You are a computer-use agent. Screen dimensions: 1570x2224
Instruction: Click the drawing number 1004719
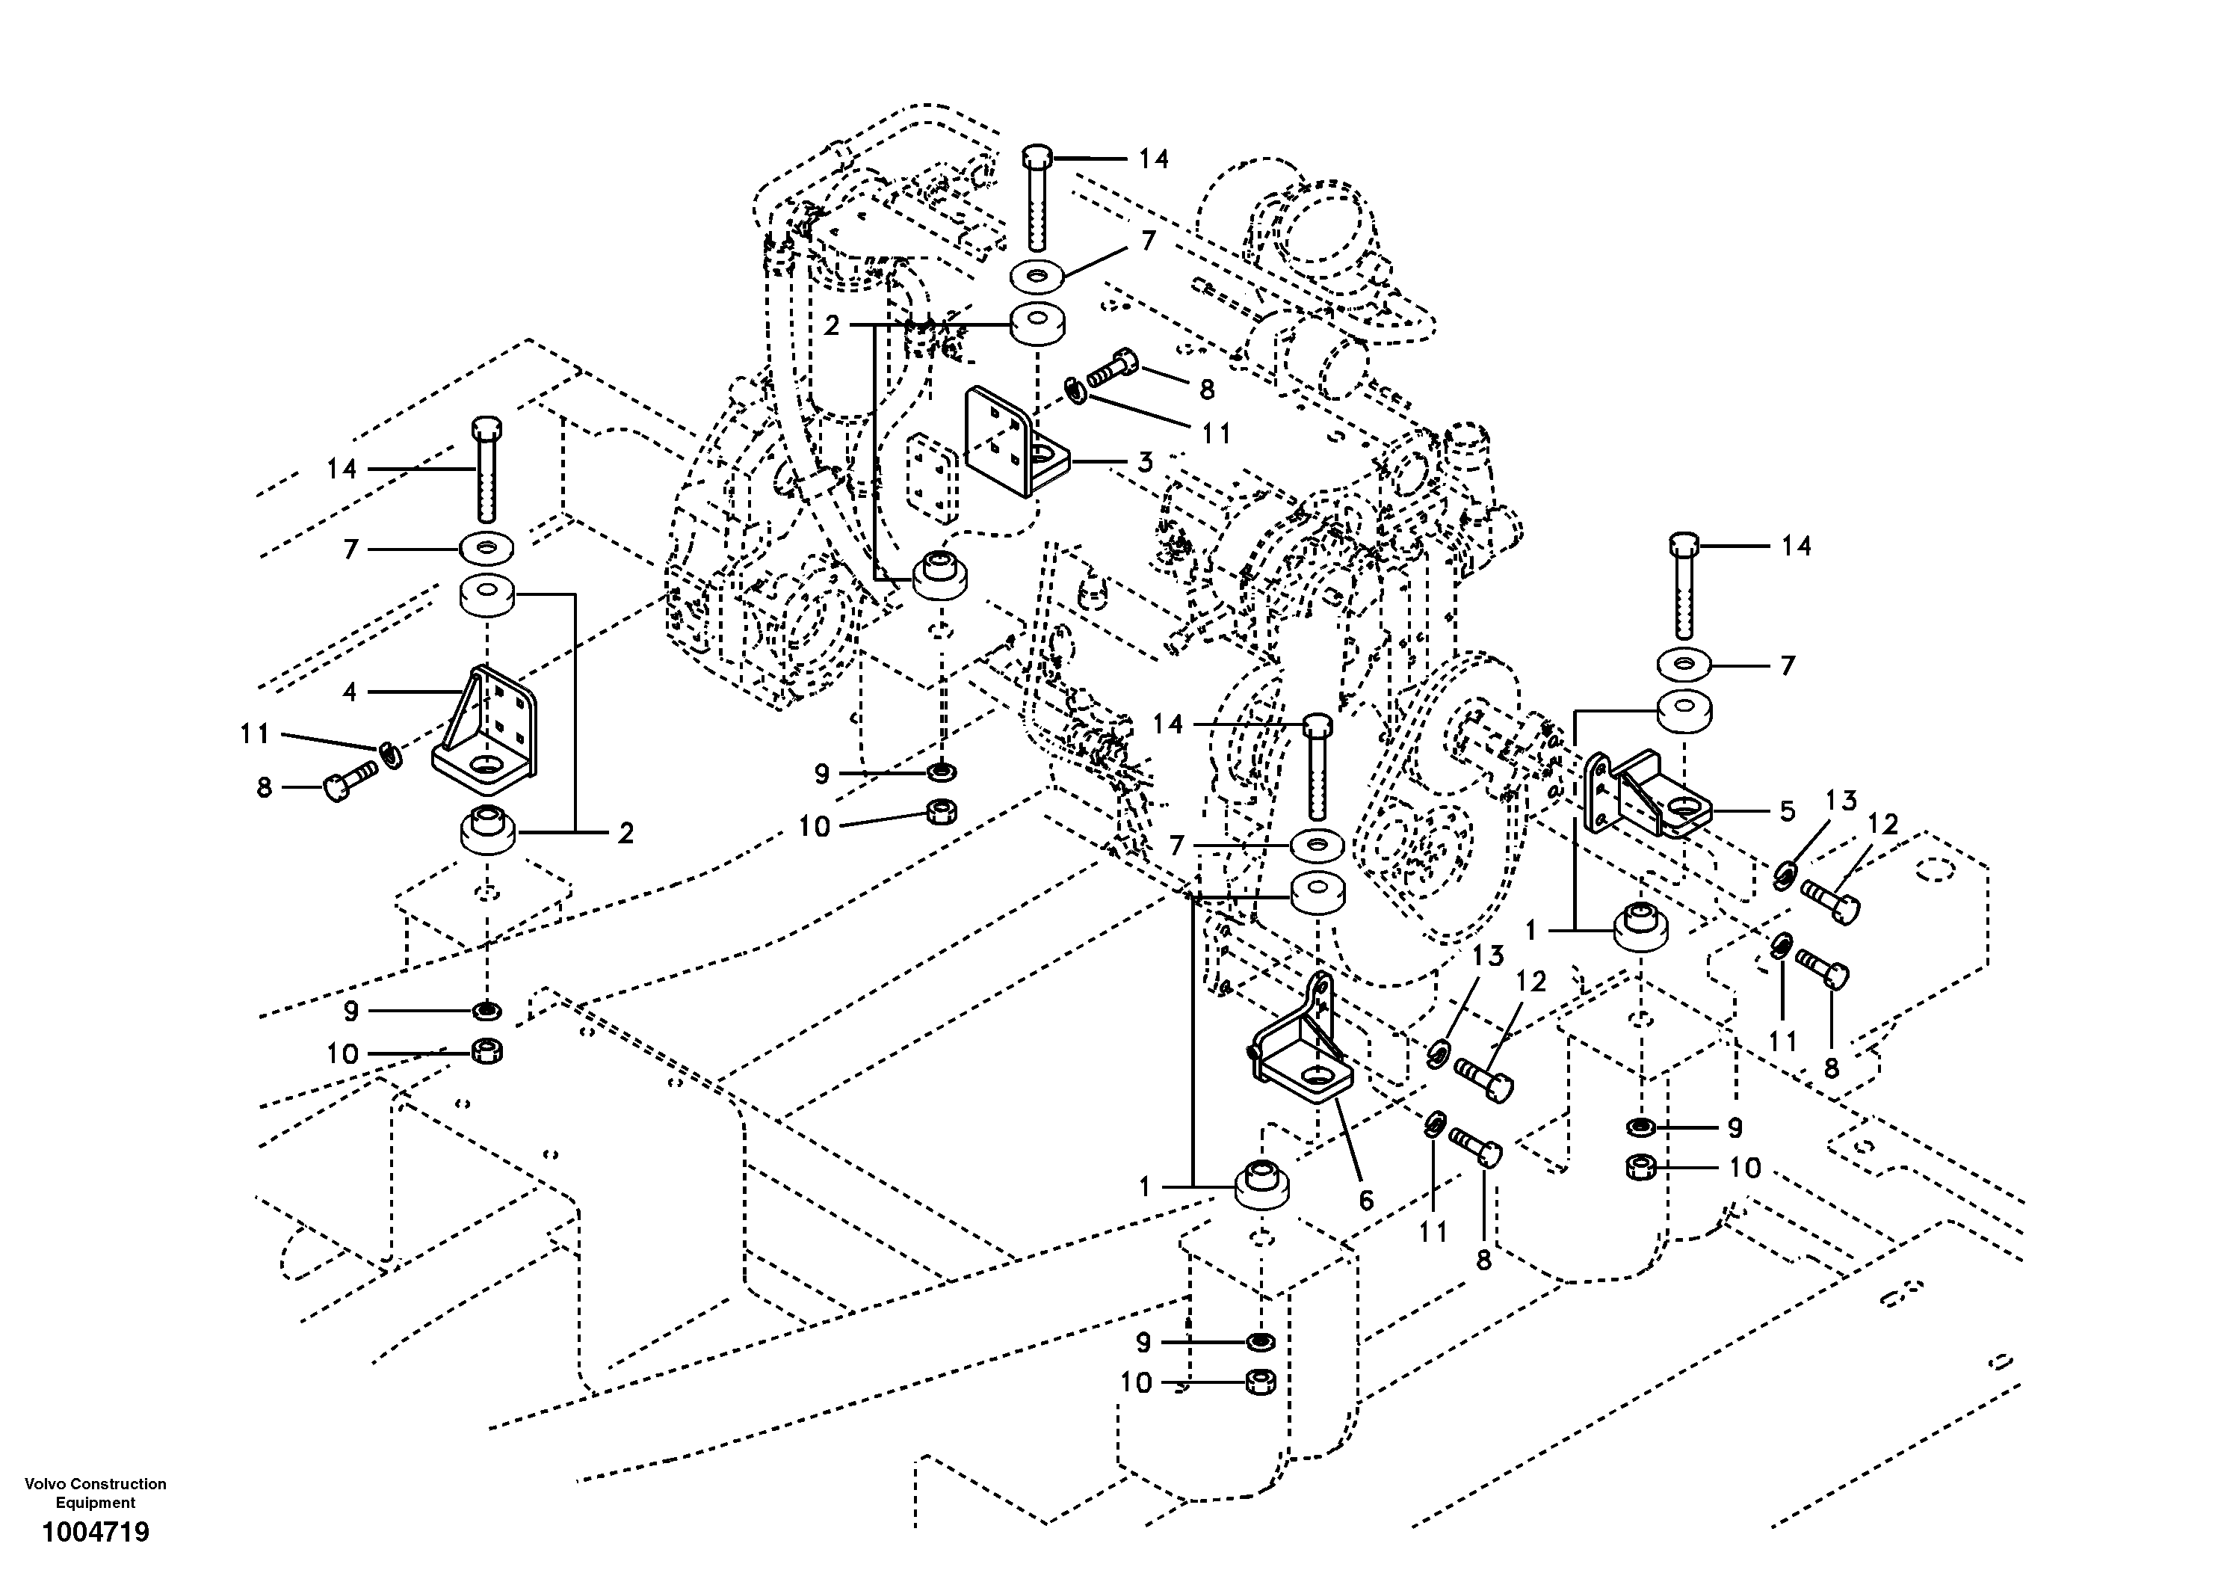click(95, 1532)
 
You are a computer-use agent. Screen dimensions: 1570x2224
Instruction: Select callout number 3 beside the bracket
click(1145, 462)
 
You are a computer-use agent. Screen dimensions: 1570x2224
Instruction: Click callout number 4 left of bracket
click(350, 691)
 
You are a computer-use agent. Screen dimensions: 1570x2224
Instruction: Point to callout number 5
click(1787, 811)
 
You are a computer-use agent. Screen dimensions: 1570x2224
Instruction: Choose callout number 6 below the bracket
click(1366, 1200)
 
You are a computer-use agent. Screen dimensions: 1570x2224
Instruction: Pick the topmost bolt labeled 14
click(1037, 199)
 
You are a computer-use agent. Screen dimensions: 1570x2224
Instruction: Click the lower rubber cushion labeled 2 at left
click(488, 831)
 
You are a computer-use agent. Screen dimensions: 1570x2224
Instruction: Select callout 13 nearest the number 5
click(1841, 801)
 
